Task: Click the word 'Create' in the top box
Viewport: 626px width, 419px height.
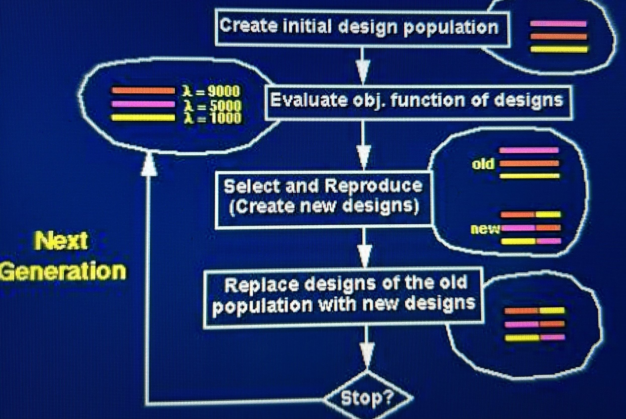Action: point(248,26)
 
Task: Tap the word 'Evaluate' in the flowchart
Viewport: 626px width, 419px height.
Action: point(308,100)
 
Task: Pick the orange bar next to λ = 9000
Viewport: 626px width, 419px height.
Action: point(143,91)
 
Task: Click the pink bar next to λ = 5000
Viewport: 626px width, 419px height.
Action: point(143,104)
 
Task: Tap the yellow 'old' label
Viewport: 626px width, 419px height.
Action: point(483,164)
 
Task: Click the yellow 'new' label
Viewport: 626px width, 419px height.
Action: point(484,229)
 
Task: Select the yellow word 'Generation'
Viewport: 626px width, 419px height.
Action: point(63,271)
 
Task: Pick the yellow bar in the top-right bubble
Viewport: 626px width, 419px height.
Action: point(559,49)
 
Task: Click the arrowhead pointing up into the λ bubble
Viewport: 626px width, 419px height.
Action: point(149,164)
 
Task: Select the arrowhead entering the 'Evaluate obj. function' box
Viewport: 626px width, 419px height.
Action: point(363,71)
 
